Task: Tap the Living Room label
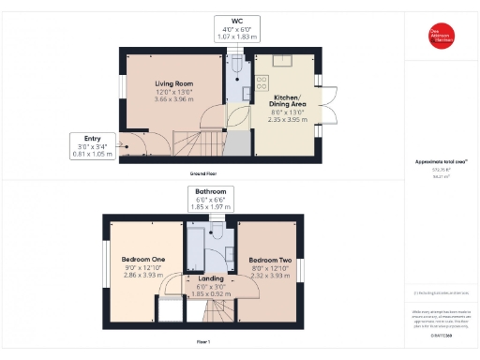pyautogui.click(x=173, y=84)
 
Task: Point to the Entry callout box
pyautogui.click(x=95, y=146)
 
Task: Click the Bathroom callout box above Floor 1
pyautogui.click(x=211, y=198)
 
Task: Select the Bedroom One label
pyautogui.click(x=143, y=259)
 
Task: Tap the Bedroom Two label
pyautogui.click(x=270, y=259)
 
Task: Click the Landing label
pyautogui.click(x=211, y=278)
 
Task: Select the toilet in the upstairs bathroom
pyautogui.click(x=227, y=247)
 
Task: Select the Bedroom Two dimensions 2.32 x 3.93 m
pyautogui.click(x=270, y=273)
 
